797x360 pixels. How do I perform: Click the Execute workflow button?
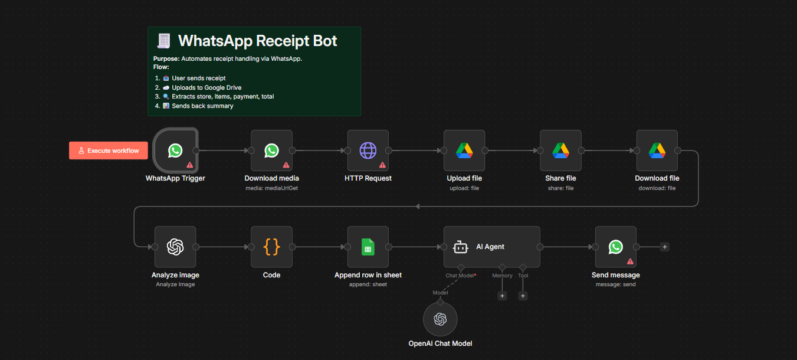108,150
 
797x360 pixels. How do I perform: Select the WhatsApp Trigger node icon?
175,150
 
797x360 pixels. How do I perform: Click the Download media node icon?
271,150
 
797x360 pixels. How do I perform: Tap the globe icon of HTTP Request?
368,150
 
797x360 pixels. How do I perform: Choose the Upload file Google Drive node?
464,150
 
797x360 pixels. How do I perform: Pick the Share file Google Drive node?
560,150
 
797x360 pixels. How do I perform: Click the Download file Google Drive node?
657,150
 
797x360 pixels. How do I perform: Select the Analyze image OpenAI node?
175,247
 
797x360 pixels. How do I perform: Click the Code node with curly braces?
271,247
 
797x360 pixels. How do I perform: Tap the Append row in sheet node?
368,247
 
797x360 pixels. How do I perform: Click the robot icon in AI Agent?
461,247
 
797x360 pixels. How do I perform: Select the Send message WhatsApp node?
615,247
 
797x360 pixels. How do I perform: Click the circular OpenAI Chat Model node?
440,319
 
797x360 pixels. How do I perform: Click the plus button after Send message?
664,247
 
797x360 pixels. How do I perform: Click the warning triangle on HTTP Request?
382,165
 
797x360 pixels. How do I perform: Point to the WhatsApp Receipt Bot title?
257,41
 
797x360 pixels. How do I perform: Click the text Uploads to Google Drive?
206,87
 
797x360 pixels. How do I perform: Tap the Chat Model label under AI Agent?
460,276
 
